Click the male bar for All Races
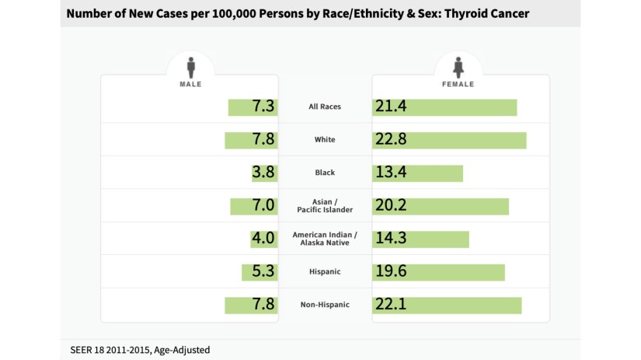253,107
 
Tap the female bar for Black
418,173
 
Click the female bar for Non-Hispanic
447,305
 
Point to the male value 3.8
263,173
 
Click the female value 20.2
392,206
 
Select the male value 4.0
263,239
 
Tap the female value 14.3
392,239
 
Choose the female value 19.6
392,272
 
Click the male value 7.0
263,206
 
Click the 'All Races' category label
325,107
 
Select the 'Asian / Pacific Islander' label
325,206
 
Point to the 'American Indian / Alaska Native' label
325,239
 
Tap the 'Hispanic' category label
325,272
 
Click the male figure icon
191,67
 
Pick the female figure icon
460,67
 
